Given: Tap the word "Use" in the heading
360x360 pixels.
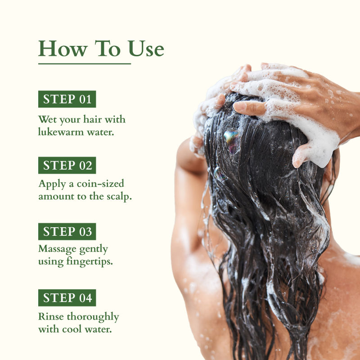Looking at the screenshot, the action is point(146,49).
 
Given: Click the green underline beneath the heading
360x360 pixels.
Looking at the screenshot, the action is point(85,64).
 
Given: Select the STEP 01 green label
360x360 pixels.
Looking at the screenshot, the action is point(67,99).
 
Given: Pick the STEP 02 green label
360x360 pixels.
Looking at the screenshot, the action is point(67,165).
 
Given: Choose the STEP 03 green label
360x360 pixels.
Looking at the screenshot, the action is point(67,231).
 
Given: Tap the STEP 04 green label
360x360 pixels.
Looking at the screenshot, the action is point(67,298).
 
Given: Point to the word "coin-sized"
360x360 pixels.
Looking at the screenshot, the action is point(100,184).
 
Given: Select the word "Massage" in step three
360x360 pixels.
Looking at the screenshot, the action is point(58,249).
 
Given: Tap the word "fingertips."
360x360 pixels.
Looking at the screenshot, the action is point(90,262).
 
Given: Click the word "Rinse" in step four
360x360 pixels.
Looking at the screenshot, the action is point(51,316).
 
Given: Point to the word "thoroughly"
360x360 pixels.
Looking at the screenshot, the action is point(93,317).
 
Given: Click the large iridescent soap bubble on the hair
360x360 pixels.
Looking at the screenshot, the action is point(231,140).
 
